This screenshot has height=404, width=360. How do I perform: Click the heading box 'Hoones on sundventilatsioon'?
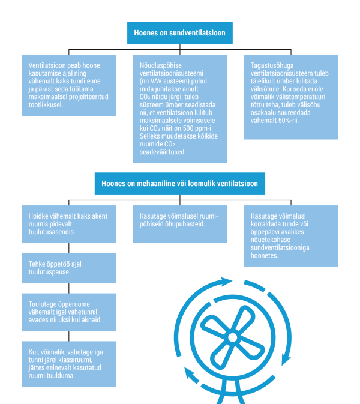coord(180,33)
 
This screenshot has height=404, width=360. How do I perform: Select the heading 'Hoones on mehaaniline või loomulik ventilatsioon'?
coord(180,184)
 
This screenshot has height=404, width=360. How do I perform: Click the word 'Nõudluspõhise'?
coord(160,65)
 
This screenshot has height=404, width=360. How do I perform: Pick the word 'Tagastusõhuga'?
coord(272,65)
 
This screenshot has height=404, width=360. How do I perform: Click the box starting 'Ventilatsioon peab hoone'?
coord(69,85)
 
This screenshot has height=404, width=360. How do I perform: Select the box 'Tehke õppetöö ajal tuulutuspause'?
coord(69,268)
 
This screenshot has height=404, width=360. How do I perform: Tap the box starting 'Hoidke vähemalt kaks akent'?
coord(69,224)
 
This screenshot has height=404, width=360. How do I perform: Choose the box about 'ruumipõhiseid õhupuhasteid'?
coord(180,224)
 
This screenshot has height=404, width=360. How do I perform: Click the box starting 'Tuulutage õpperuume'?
coord(69,312)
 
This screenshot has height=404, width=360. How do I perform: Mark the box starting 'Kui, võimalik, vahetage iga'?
coord(69,364)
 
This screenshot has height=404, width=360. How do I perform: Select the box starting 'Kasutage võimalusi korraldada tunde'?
coord(291,236)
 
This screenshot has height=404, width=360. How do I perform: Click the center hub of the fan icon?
coord(233,337)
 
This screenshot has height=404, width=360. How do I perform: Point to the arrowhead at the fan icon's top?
coord(226,282)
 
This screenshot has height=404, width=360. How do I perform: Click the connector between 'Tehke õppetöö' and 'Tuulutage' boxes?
coord(69,288)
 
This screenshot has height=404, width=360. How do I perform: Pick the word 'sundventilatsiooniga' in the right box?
coord(280,247)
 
